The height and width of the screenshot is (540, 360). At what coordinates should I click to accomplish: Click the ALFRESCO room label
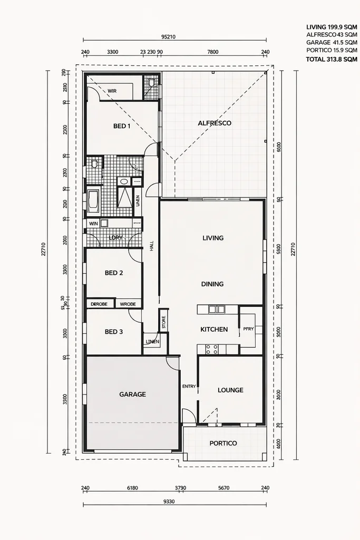pyautogui.click(x=215, y=123)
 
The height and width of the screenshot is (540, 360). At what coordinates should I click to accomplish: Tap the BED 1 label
pyautogui.click(x=122, y=126)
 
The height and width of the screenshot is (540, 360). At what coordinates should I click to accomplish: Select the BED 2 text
pyautogui.click(x=114, y=273)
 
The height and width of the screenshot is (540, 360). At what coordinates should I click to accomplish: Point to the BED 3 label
pyautogui.click(x=114, y=332)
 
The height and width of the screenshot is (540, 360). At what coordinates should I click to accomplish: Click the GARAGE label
pyautogui.click(x=132, y=394)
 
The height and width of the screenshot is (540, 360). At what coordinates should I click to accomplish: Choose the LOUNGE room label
pyautogui.click(x=230, y=390)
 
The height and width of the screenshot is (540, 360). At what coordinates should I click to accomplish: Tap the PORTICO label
pyautogui.click(x=223, y=443)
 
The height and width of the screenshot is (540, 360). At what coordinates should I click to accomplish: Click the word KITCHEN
pyautogui.click(x=214, y=329)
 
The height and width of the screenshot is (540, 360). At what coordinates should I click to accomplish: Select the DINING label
pyautogui.click(x=212, y=284)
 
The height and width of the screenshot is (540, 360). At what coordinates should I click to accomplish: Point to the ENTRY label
pyautogui.click(x=189, y=387)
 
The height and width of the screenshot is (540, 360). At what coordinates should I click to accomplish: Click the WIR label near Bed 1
pyautogui.click(x=112, y=91)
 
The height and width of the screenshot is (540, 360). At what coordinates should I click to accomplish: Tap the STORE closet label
pyautogui.click(x=163, y=321)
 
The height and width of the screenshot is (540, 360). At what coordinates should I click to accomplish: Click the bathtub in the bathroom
pyautogui.click(x=93, y=200)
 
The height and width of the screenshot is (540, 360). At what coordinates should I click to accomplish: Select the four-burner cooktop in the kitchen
pyautogui.click(x=211, y=349)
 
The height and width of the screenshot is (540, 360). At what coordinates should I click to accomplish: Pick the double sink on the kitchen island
pyautogui.click(x=216, y=309)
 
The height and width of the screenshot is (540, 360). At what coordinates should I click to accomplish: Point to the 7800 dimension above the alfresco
pyautogui.click(x=212, y=52)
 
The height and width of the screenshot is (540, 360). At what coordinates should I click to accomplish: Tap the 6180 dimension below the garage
pyautogui.click(x=132, y=488)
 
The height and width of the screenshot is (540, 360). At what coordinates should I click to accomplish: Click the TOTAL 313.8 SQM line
pyautogui.click(x=332, y=60)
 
